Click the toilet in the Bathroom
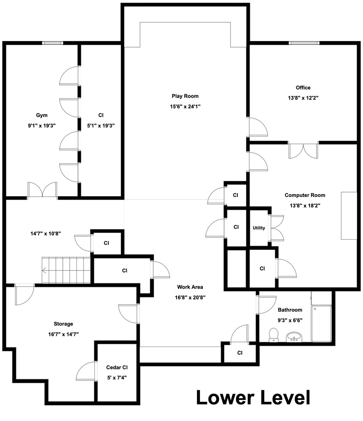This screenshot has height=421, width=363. (274, 335)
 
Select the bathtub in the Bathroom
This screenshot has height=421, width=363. (321, 324)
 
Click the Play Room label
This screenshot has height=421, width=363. (185, 96)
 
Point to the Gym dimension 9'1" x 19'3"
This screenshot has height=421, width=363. (42, 126)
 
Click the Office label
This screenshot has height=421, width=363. (303, 88)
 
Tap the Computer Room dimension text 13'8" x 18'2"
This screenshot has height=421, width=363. (305, 206)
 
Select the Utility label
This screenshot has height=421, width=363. (259, 228)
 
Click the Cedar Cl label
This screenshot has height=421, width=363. (117, 367)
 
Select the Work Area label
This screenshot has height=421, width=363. (190, 287)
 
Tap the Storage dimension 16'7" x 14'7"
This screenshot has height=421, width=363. (64, 334)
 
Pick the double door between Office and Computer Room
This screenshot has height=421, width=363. (303, 150)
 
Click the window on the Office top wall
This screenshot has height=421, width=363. (304, 43)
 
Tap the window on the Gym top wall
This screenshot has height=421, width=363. (53, 43)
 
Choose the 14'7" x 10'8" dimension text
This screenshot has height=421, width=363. (46, 233)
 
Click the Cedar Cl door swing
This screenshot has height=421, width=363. (86, 371)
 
